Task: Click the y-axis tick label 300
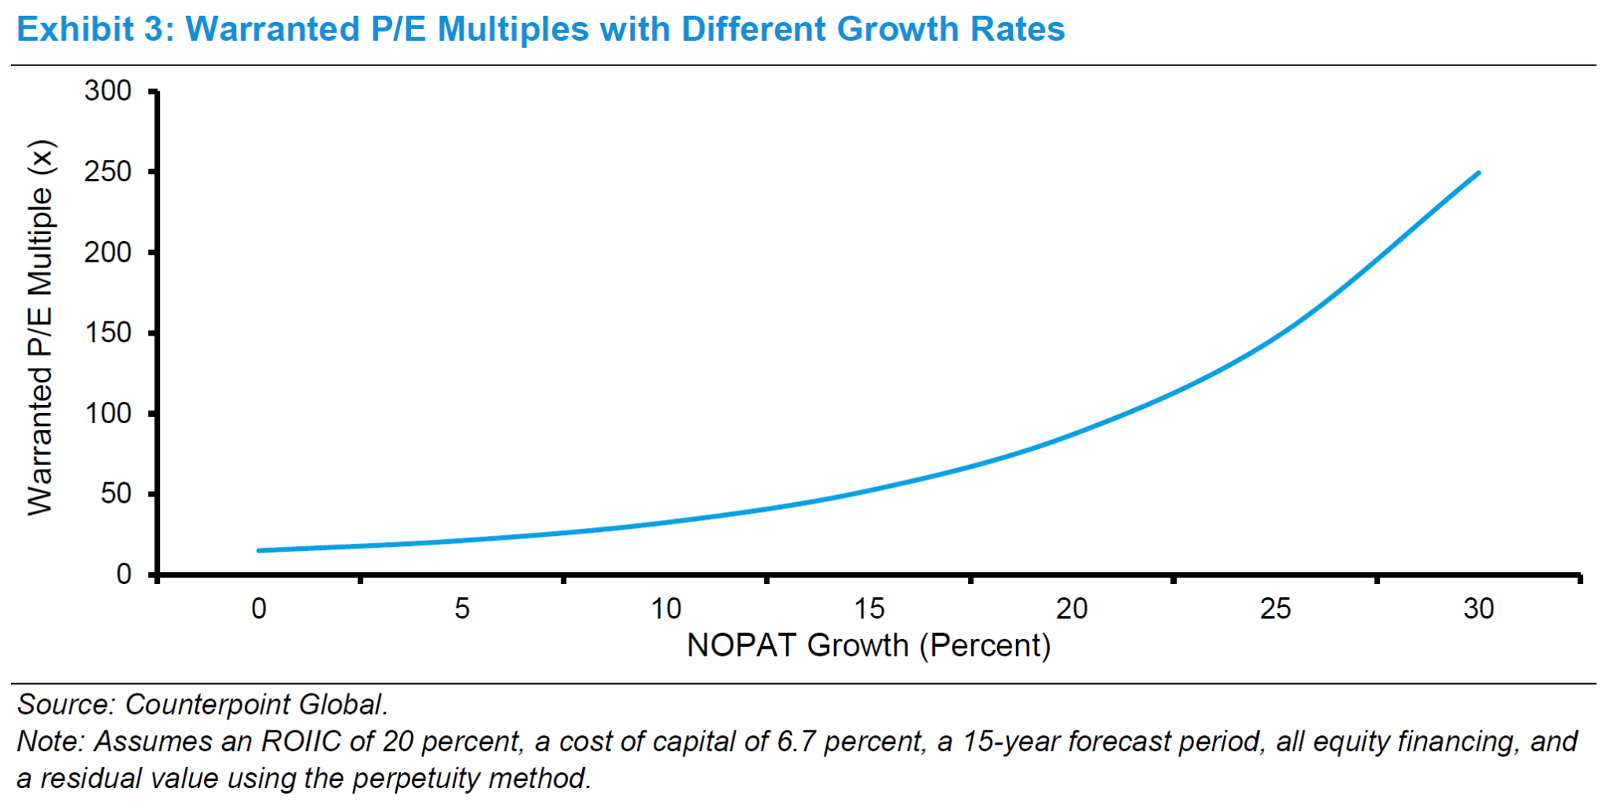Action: coord(108,91)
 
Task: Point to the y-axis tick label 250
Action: coord(108,172)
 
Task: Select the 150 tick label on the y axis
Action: coord(108,333)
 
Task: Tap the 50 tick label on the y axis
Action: coord(116,493)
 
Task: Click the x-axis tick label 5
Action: coord(462,609)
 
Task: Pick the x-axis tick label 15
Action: coord(870,609)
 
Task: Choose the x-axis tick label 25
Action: coord(1275,609)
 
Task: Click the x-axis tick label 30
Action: coord(1478,609)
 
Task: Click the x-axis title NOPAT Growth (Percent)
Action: coord(869,646)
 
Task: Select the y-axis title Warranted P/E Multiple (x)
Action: coord(40,328)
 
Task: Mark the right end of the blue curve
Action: coord(1478,173)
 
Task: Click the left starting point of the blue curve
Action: coord(259,550)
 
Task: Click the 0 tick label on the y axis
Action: coord(124,574)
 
